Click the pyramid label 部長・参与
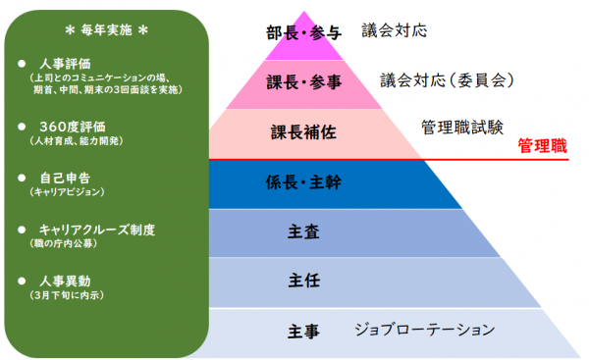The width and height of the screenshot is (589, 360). (x=303, y=33)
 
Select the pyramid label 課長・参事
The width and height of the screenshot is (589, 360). (x=304, y=81)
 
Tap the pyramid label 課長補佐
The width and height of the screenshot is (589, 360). (x=304, y=132)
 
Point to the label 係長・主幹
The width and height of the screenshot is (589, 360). (x=304, y=182)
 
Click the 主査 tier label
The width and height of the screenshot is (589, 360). (x=304, y=231)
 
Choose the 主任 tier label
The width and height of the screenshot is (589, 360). (x=304, y=281)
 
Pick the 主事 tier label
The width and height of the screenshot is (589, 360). (x=304, y=331)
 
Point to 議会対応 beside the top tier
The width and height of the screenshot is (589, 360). (x=394, y=30)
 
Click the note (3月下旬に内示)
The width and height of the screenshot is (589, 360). (x=68, y=295)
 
